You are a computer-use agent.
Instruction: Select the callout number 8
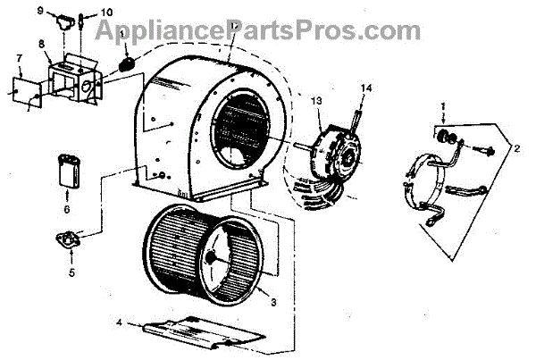coord(40,43)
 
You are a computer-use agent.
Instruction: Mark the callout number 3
coord(272,301)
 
